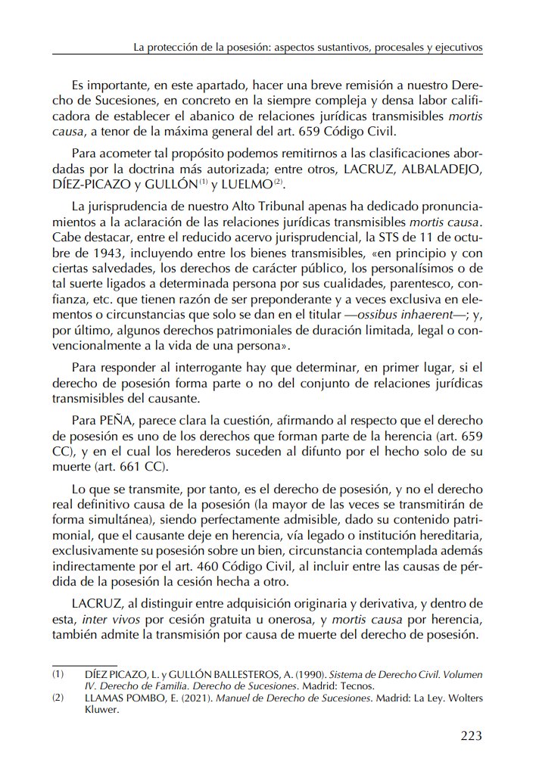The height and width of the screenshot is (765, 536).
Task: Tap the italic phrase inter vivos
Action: (x=106, y=620)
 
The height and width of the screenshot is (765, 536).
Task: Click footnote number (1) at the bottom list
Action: (x=58, y=673)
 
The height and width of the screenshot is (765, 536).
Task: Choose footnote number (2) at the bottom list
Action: (x=58, y=698)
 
